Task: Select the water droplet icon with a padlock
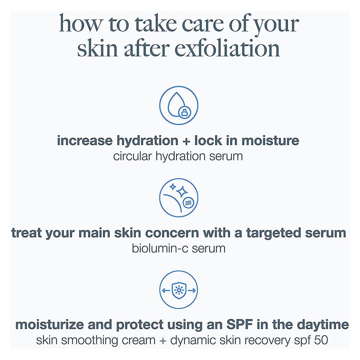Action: click(179, 105)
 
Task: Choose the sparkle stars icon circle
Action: click(179, 197)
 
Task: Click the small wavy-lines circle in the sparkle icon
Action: click(187, 203)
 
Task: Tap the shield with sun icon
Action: click(179, 290)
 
